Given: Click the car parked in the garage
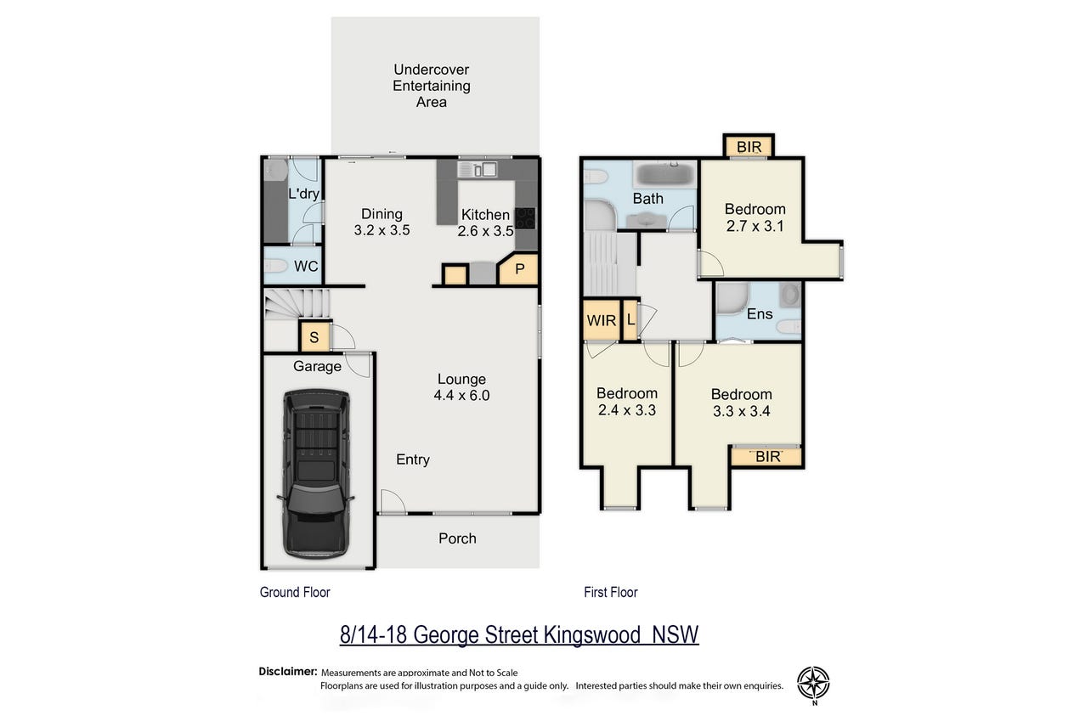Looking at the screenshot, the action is tap(315, 474).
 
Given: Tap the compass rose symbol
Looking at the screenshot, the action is tap(813, 683).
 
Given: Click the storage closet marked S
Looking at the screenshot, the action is tap(314, 336).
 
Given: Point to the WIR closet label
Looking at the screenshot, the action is tap(602, 321).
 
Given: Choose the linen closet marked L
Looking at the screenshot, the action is tap(630, 320).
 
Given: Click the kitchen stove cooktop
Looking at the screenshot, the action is tap(525, 218).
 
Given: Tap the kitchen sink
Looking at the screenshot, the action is tap(478, 170).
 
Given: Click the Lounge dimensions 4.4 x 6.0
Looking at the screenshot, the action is tap(461, 396).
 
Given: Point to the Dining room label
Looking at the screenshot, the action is tap(382, 214).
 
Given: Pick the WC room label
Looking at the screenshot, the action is tap(306, 267).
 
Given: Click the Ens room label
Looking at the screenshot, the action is tap(760, 314).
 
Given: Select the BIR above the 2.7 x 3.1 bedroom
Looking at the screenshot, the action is tap(749, 147).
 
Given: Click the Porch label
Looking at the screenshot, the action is tap(457, 538).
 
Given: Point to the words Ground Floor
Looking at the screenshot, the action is tap(295, 592).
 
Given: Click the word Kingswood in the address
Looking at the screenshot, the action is tap(591, 635).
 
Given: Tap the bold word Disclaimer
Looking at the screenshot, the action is tap(288, 672).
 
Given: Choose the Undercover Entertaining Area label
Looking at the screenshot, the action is tap(432, 86).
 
